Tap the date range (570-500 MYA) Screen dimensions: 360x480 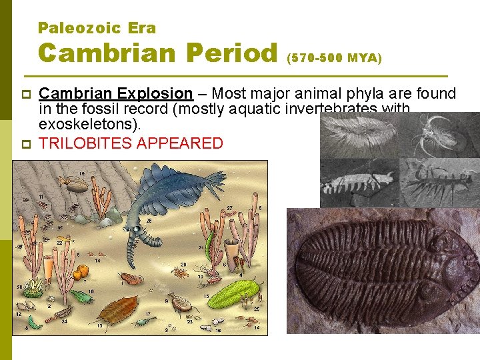tap(334, 59)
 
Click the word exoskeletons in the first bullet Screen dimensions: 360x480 tap(86, 125)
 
